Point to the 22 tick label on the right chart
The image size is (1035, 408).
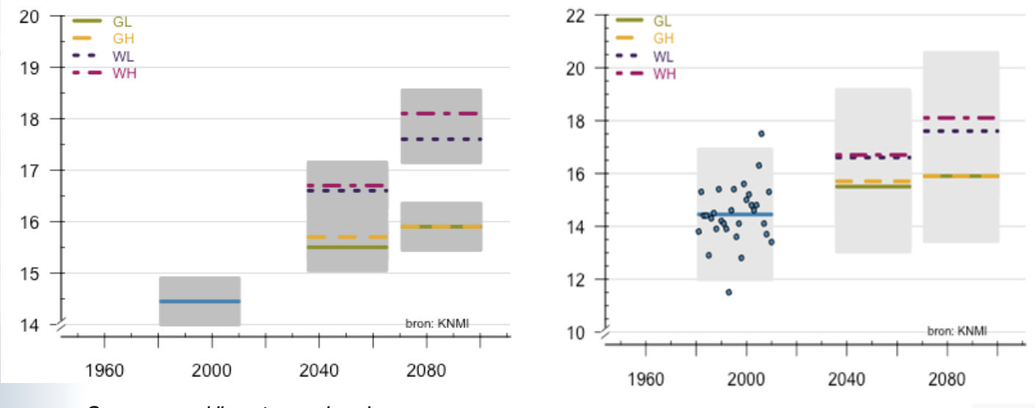pos(575,15)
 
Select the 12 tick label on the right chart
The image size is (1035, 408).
pos(575,280)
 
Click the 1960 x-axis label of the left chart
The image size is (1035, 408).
pos(104,371)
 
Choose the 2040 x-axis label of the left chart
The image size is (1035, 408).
pos(319,371)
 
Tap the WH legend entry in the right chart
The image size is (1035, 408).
pos(664,74)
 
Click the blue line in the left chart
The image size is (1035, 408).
pos(200,301)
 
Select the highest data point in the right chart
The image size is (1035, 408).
pos(761,134)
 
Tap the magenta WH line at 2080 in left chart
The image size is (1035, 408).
pos(440,113)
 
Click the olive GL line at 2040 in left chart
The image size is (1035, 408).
pos(347,247)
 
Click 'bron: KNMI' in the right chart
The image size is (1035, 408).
pos(956,331)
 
